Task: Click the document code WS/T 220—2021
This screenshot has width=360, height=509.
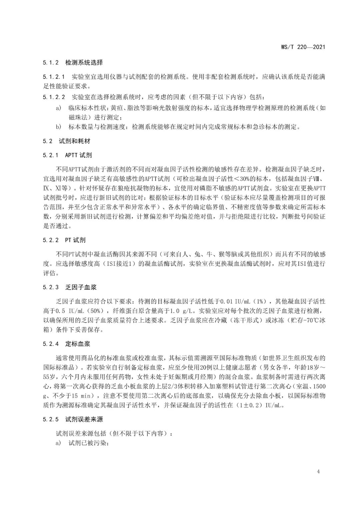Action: point(301,47)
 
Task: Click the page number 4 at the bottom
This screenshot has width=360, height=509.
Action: point(319,471)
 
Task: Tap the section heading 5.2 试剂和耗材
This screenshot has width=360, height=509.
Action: point(66,141)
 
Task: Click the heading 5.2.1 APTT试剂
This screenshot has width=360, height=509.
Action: point(67,155)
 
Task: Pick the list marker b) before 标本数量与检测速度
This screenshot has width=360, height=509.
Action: point(59,127)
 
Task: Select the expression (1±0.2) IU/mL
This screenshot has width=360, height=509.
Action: point(260,405)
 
